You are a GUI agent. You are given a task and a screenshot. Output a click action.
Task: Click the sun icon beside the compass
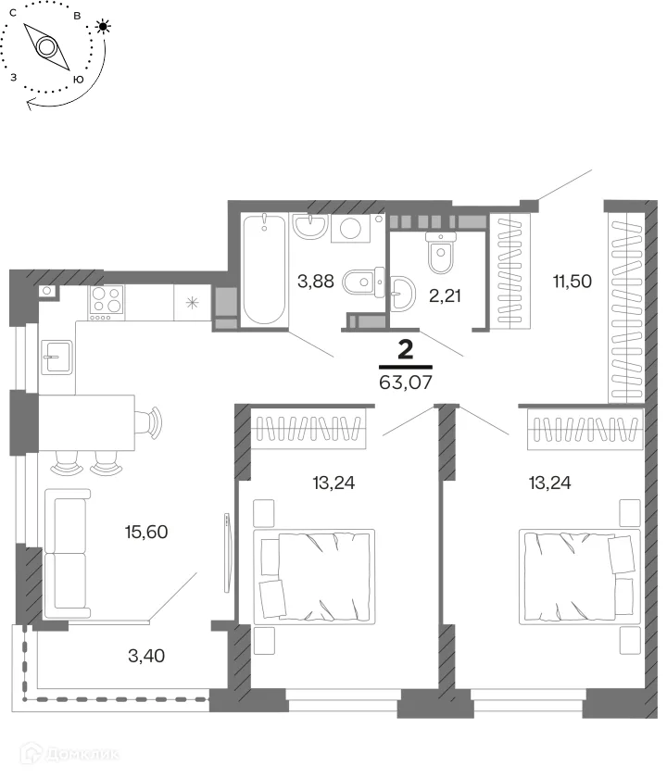point(103,26)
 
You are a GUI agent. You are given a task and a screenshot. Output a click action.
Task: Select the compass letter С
point(12,13)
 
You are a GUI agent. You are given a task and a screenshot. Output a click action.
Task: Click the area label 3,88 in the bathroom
point(316,282)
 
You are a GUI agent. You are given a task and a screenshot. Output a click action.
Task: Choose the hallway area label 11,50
point(573,282)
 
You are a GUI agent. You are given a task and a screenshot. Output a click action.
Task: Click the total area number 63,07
point(406,383)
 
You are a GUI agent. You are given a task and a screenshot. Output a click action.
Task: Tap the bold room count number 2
point(406,350)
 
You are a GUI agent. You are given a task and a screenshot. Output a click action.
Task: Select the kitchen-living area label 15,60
point(146,532)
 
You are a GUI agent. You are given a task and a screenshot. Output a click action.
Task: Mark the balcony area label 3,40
point(146,656)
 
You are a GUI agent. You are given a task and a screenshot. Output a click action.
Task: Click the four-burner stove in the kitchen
point(107,303)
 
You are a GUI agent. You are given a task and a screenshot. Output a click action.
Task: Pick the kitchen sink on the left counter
point(57,358)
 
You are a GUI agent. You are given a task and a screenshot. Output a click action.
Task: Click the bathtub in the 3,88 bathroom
point(264,270)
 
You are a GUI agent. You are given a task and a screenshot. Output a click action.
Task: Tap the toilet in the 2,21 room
point(441,253)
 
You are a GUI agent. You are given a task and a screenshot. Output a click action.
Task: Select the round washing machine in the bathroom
point(351,228)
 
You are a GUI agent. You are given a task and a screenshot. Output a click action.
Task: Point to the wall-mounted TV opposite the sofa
point(227,553)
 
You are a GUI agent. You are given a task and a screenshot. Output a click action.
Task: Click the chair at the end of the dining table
point(149,422)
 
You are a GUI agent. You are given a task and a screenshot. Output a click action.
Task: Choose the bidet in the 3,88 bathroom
point(364,282)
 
